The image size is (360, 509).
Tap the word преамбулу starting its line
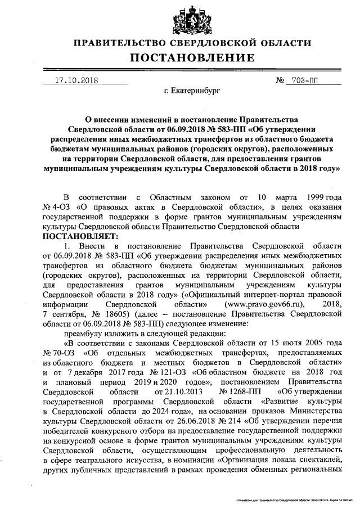(x=83, y=332)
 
